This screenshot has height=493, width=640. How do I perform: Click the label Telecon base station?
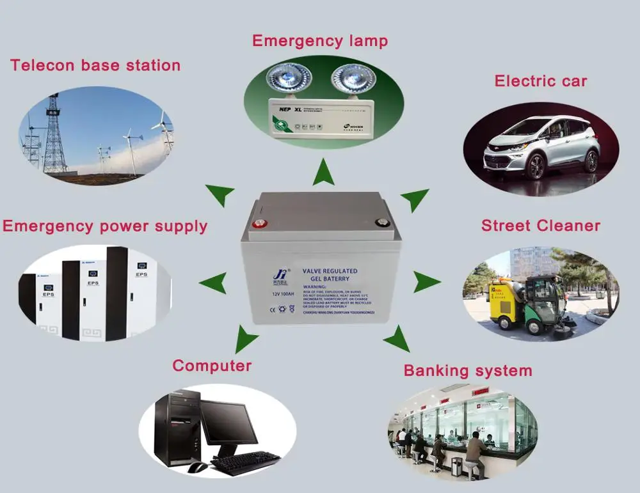tap(95, 65)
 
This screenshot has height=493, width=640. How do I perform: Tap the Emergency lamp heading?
tap(320, 41)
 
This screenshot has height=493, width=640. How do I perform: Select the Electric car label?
tap(541, 81)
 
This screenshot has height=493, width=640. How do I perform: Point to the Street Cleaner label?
tap(541, 226)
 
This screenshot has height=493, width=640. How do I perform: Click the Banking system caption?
tap(468, 371)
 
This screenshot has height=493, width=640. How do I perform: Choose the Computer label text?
tap(212, 366)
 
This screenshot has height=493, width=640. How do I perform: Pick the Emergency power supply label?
tap(105, 226)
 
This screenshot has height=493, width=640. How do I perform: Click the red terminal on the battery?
tap(259, 224)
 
